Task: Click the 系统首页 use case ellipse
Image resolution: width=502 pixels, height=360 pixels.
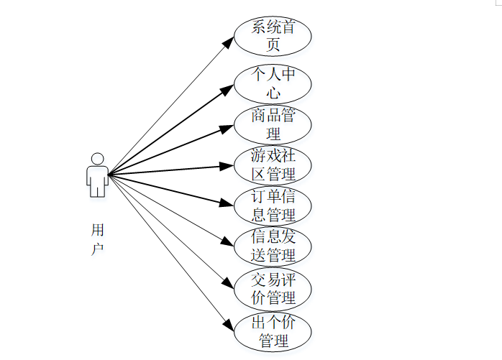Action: tap(273, 36)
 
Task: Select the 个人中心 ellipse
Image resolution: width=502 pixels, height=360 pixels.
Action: tap(273, 83)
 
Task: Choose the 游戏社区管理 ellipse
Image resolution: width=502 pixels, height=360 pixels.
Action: tap(273, 165)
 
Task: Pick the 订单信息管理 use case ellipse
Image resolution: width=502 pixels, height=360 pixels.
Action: tap(273, 206)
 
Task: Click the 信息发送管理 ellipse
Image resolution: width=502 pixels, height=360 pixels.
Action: tap(273, 246)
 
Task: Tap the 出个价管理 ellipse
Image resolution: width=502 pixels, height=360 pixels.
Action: tap(273, 331)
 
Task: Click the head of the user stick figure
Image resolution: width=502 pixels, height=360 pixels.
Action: tap(97, 158)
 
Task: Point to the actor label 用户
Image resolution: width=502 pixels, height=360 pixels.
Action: tap(98, 239)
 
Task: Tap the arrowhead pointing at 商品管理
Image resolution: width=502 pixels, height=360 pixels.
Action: tap(228, 128)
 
